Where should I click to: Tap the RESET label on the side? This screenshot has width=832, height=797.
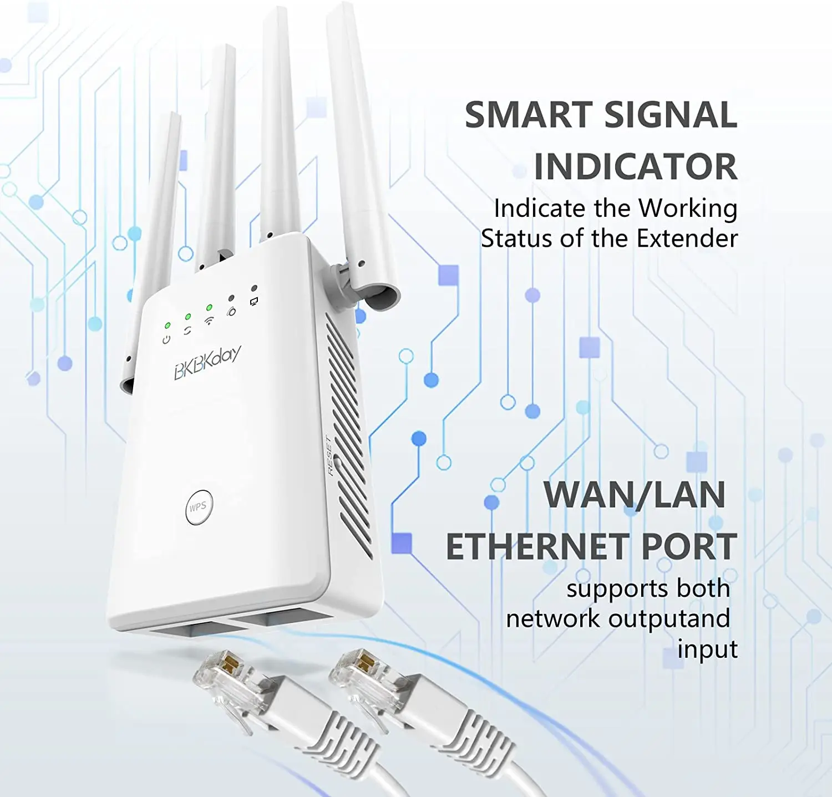[x=329, y=455]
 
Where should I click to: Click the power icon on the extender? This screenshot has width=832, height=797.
[x=166, y=339]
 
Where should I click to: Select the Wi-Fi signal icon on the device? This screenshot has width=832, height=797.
[x=209, y=321]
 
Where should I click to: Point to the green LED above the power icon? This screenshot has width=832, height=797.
[x=168, y=326]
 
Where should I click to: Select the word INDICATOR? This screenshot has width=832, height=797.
[x=636, y=166]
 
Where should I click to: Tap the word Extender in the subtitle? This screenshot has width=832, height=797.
[x=687, y=238]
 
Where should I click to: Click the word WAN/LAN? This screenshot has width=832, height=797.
[x=634, y=495]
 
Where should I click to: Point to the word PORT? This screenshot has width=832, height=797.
[x=689, y=547]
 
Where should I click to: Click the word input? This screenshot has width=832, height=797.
[x=707, y=649]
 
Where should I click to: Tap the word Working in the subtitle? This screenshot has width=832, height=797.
[x=688, y=209]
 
